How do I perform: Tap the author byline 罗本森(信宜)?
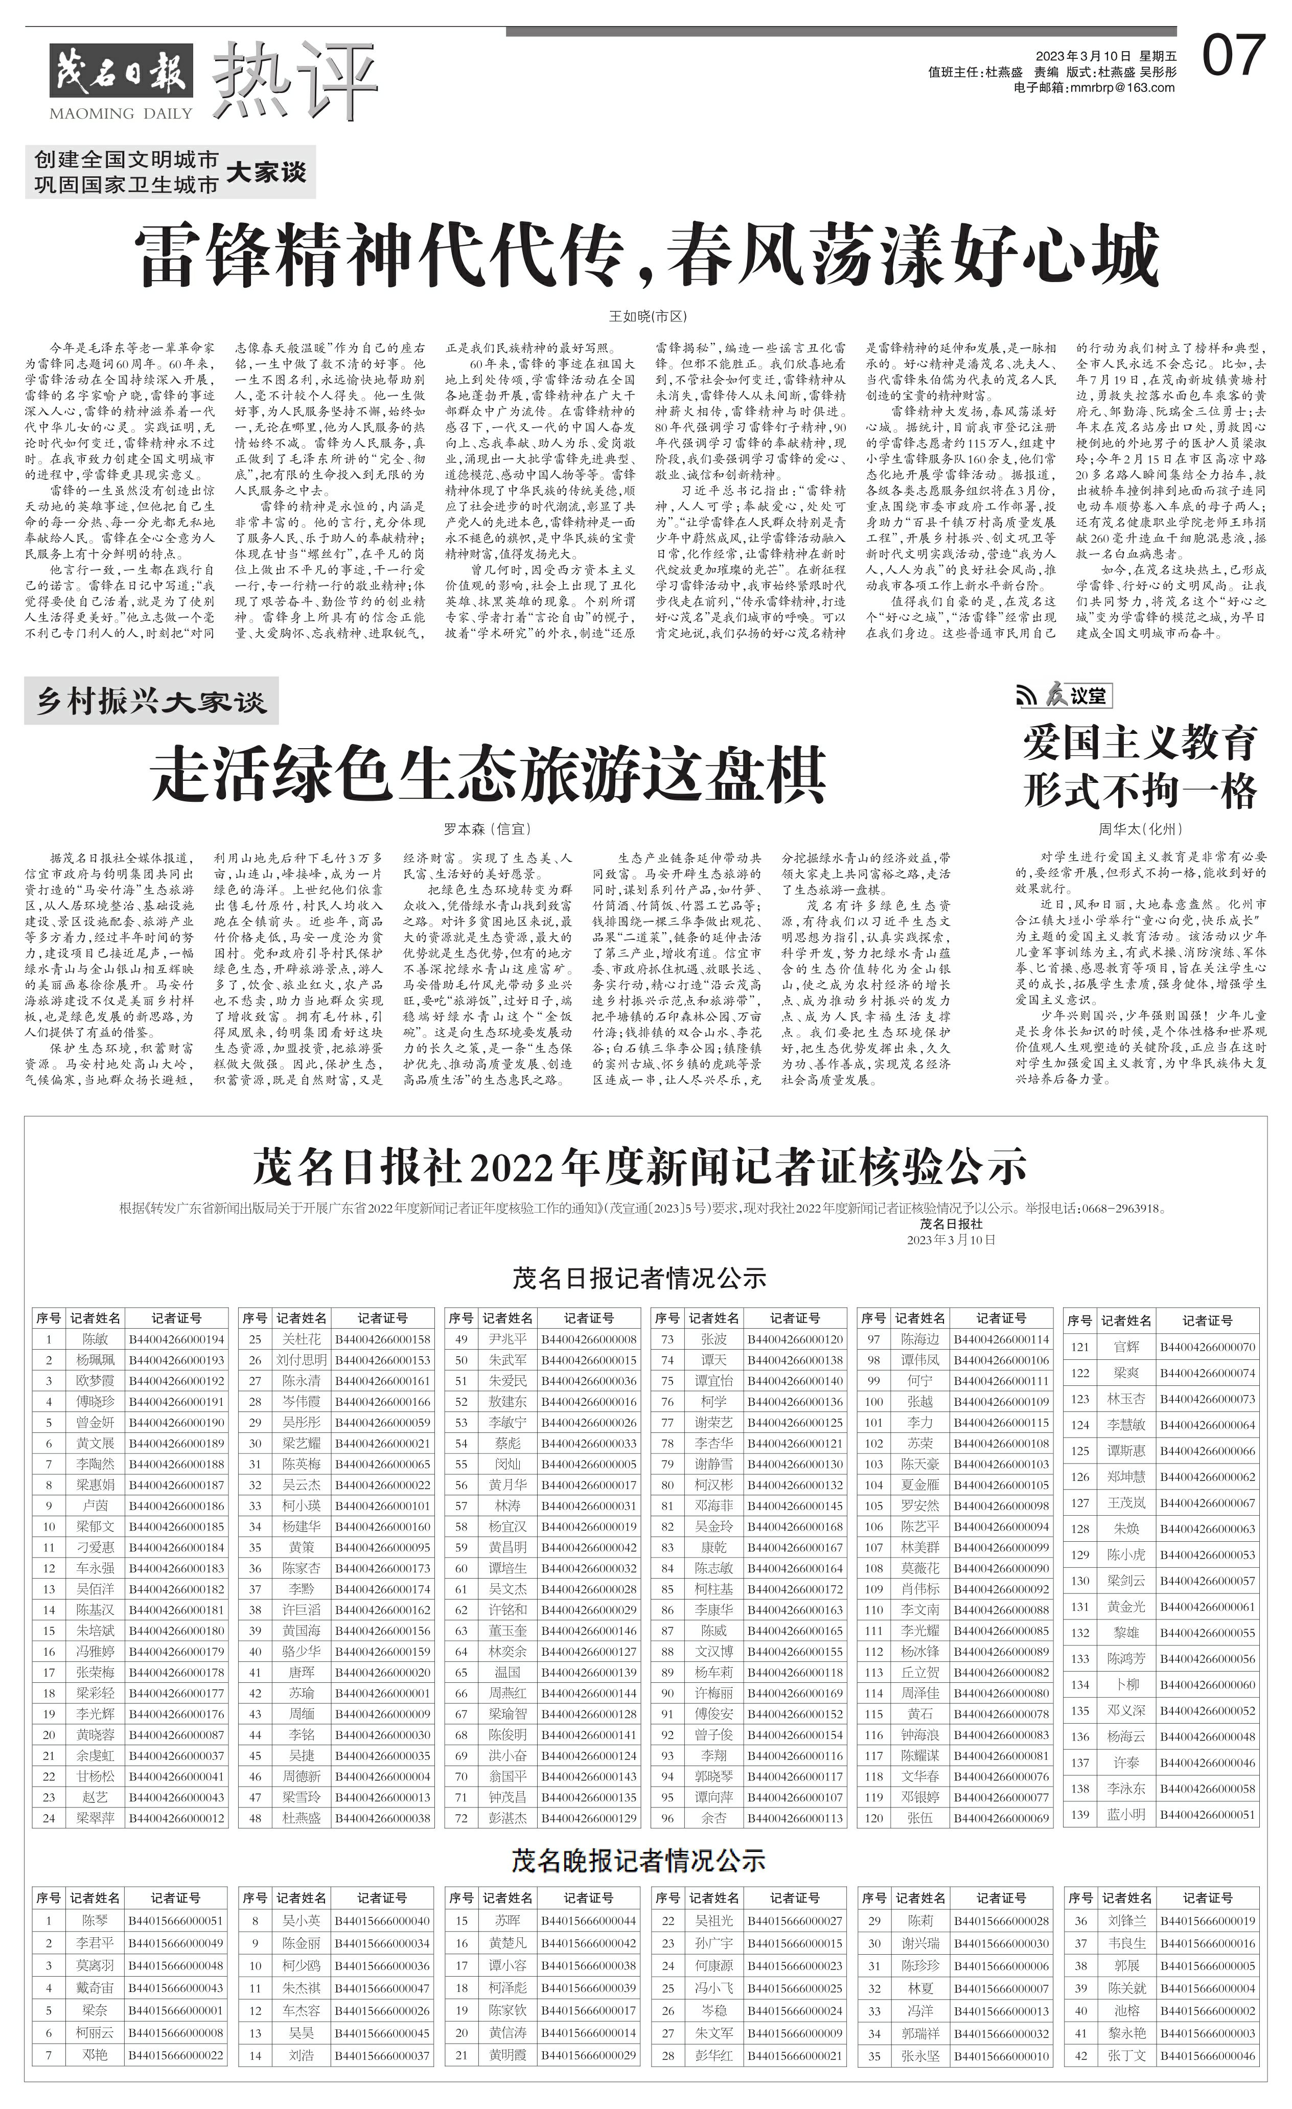[487, 828]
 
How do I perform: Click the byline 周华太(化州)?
[1140, 828]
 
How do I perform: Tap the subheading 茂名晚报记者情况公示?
[639, 1860]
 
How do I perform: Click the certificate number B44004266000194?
[176, 1339]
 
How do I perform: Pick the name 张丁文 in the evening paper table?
[1126, 2055]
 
